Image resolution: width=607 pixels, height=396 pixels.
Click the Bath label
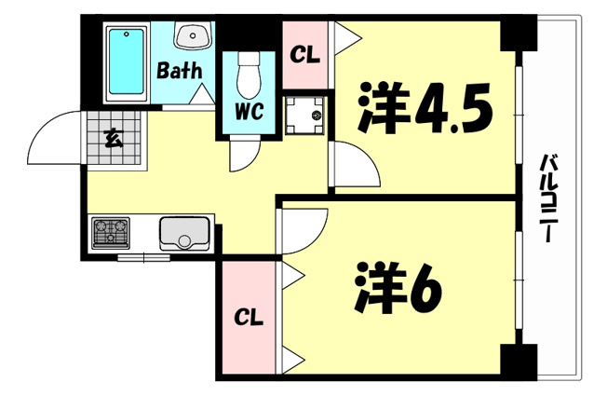click(180, 71)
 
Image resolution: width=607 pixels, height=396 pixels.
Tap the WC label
click(250, 111)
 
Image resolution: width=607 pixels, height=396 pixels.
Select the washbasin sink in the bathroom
click(193, 35)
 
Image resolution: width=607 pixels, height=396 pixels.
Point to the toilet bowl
click(249, 75)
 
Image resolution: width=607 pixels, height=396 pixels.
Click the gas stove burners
click(111, 233)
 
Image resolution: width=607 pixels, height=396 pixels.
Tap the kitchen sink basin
click(185, 233)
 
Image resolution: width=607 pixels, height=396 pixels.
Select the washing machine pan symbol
click(304, 116)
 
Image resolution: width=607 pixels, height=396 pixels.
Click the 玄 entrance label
click(114, 139)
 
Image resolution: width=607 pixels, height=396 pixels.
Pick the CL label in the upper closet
click(305, 55)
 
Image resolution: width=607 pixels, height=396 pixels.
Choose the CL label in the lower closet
click(249, 317)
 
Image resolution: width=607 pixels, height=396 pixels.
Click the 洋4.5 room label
click(425, 107)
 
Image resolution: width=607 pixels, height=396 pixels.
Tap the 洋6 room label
click(398, 287)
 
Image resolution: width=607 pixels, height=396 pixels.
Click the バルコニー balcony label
click(546, 198)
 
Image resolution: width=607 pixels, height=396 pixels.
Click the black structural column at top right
click(519, 34)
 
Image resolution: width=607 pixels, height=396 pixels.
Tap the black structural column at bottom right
click(519, 362)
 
